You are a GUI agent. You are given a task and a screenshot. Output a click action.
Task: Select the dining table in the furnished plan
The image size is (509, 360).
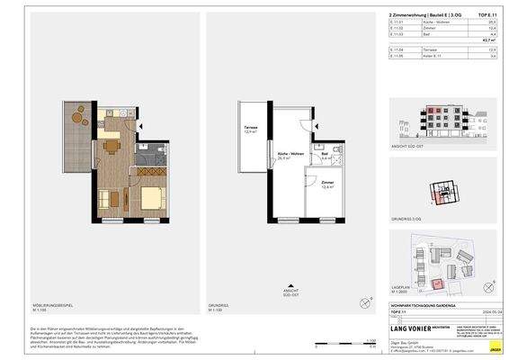pyautogui.click(x=111, y=145)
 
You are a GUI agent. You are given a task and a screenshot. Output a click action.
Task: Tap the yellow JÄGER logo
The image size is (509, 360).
pyautogui.click(x=493, y=345)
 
